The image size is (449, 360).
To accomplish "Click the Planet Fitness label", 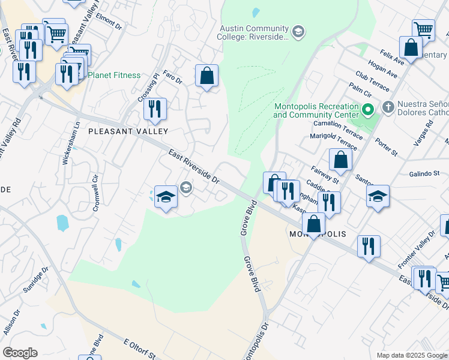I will point(114,76).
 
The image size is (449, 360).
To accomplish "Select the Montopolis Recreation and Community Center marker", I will point(368,110).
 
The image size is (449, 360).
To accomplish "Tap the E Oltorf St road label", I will point(140,349).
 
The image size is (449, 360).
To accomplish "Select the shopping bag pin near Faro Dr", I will point(206,76).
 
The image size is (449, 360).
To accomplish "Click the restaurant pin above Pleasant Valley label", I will point(155,109).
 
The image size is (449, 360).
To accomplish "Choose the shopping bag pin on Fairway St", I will point(340,160).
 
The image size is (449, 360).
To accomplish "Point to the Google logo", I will point(20,353).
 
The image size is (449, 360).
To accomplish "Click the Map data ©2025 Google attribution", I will point(411,355).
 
